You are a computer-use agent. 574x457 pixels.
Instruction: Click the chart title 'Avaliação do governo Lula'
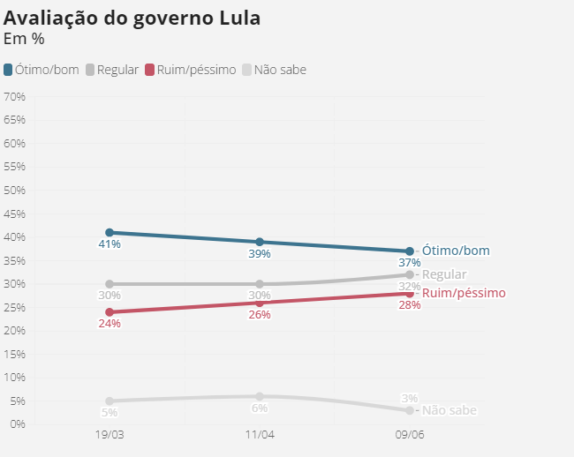coord(132,19)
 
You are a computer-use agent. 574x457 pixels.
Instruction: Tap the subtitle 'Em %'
coord(24,39)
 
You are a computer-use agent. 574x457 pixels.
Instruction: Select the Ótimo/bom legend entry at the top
coord(42,70)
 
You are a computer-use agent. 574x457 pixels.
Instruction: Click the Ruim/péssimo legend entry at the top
coord(191,70)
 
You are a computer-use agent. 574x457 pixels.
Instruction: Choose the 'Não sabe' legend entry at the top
coord(275,70)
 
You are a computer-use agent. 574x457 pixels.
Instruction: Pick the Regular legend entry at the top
coord(112,70)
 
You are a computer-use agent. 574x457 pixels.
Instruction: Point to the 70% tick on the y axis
coord(14,96)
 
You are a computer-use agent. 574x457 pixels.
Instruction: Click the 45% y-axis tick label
coord(14,214)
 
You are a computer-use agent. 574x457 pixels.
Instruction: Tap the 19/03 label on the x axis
coord(110,436)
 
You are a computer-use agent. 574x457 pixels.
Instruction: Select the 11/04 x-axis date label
coord(260,436)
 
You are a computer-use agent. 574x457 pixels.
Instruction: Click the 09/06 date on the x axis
coord(410,436)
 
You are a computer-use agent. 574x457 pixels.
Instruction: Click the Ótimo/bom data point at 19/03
coord(110,232)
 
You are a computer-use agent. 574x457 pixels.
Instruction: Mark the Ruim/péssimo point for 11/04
coord(260,303)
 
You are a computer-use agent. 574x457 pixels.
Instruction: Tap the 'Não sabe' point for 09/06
coord(410,410)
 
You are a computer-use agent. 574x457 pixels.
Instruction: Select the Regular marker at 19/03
coord(110,284)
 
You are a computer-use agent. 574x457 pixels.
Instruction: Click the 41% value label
coord(110,244)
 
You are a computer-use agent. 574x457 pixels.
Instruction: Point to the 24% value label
coord(110,324)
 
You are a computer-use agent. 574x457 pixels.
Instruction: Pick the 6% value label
coord(260,408)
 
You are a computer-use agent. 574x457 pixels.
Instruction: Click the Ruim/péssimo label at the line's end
coord(464,293)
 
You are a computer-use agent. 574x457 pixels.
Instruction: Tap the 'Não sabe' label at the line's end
coord(449,410)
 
